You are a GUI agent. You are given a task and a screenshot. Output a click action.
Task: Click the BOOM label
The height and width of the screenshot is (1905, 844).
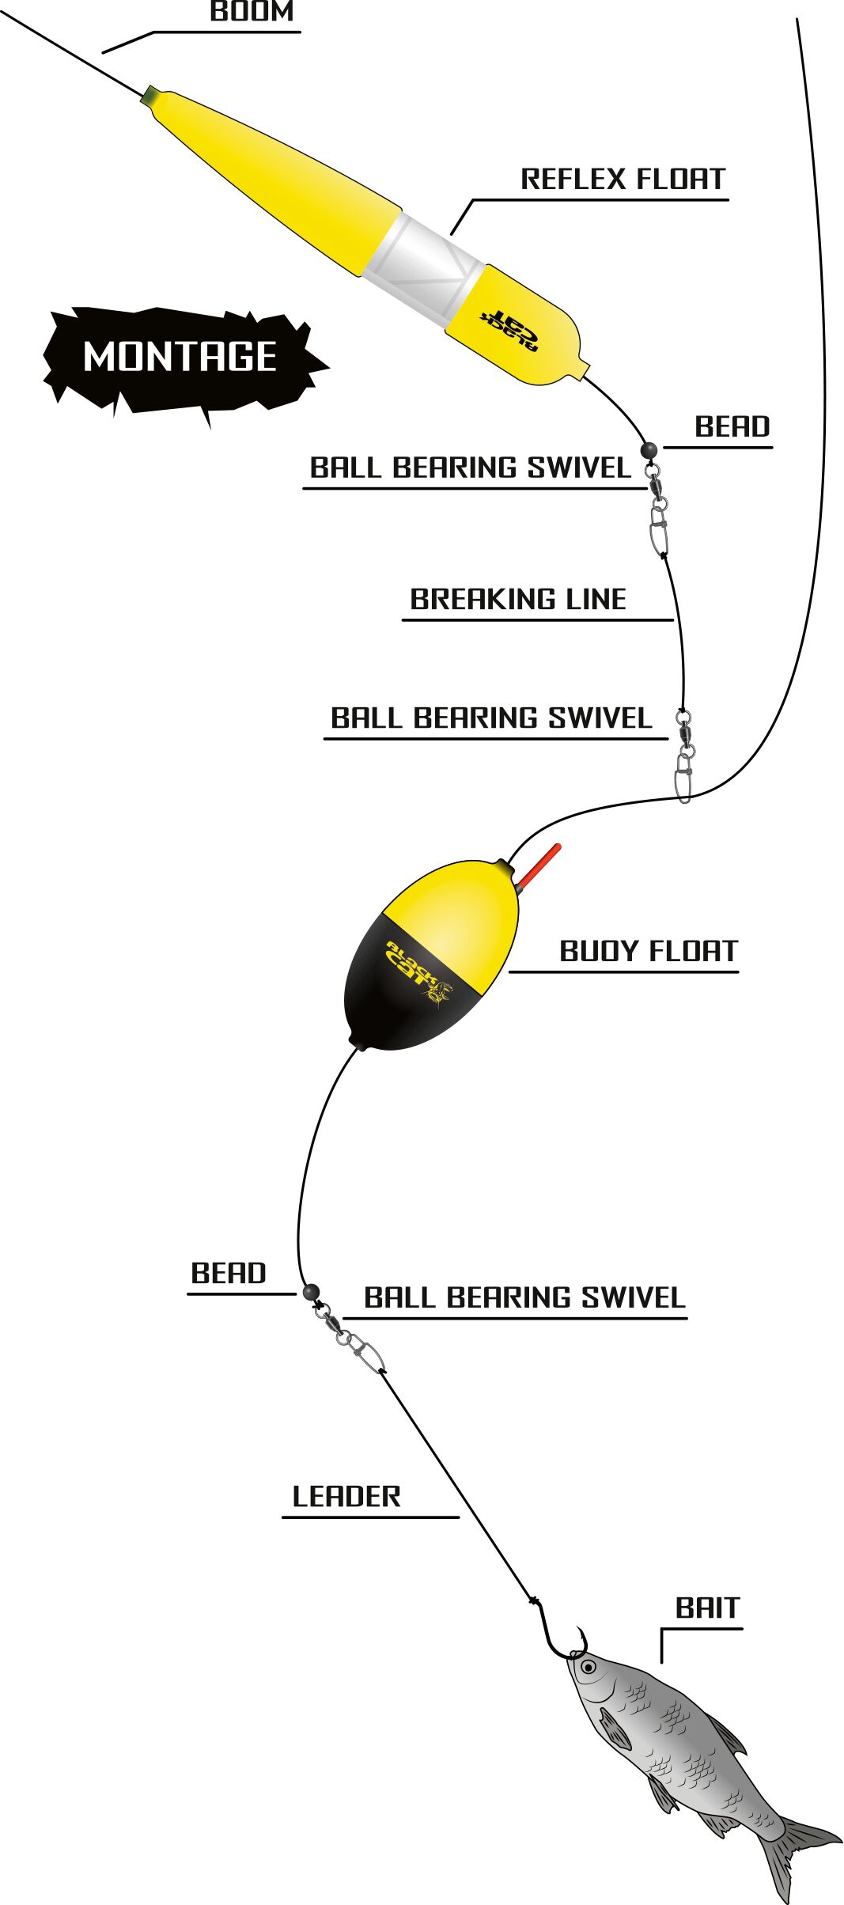tap(252, 11)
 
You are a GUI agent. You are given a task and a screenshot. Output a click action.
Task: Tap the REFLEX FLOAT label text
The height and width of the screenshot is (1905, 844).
tap(623, 179)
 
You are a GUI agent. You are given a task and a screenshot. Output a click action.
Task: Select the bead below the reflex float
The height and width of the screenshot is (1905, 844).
tap(649, 450)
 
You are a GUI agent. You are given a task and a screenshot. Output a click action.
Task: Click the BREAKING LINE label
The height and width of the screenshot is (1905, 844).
tap(518, 599)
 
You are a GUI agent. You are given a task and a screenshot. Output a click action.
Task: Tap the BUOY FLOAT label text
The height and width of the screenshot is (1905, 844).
tap(649, 951)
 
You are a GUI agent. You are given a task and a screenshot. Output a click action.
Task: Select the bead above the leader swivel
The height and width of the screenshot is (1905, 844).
tap(310, 1291)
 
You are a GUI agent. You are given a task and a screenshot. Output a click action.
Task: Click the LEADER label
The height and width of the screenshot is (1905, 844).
tap(346, 1497)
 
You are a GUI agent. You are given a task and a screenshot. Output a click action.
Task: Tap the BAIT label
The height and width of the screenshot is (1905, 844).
tap(707, 1608)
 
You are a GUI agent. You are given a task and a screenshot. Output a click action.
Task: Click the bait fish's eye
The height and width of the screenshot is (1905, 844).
tap(588, 1667)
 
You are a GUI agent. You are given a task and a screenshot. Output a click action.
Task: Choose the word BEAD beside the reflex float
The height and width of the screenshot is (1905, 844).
tap(732, 427)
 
